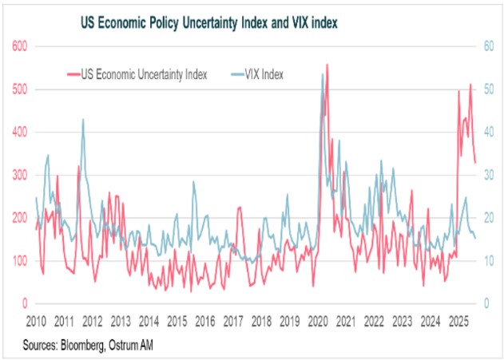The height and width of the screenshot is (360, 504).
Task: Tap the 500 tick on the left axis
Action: (19, 89)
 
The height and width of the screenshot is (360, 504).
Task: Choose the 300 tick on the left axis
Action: (19, 175)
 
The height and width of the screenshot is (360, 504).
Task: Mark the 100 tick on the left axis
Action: (19, 261)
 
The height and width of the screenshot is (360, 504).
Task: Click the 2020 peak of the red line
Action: (327, 65)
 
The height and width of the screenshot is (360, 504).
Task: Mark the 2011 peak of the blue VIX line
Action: (83, 120)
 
